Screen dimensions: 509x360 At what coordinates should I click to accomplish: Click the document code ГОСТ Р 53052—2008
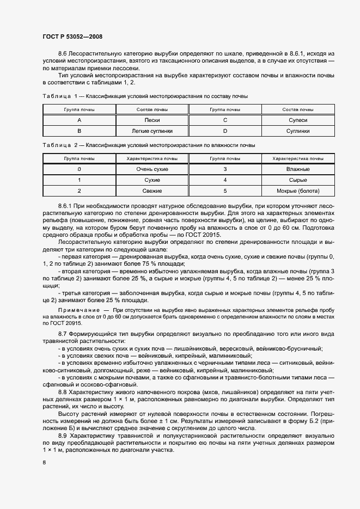click(72, 36)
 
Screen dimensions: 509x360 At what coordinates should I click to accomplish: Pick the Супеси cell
click(298, 120)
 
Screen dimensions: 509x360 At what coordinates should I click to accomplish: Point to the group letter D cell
click(225, 131)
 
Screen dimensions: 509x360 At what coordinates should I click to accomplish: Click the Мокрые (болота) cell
click(298, 191)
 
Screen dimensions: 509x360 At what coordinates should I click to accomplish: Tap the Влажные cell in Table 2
click(298, 169)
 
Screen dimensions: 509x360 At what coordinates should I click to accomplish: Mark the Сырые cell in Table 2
click(298, 180)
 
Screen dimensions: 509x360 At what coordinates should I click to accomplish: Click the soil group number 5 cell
click(225, 191)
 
